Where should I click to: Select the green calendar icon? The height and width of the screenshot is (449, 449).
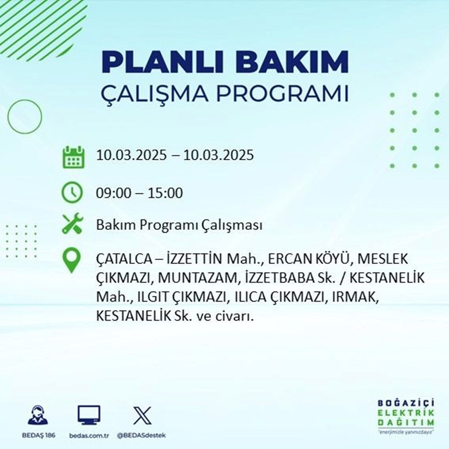pyautogui.click(x=73, y=156)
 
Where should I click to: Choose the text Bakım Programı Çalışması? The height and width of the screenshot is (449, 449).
pyautogui.click(x=179, y=225)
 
